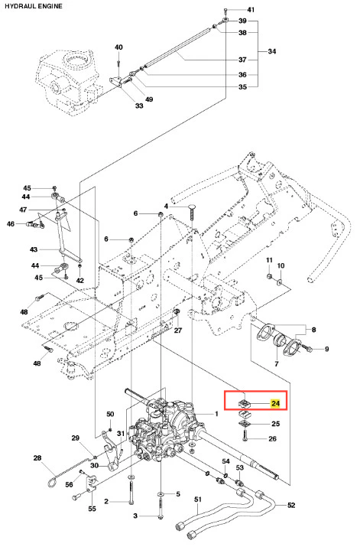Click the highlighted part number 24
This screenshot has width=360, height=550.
point(275,403)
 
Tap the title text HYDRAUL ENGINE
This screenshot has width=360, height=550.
point(34,6)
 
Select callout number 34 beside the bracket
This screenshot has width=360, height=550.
point(272,51)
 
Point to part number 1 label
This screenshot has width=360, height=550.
point(216,414)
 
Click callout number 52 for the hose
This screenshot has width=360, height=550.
point(291,505)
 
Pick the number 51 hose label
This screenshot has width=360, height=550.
point(199,500)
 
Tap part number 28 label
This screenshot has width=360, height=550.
point(37,457)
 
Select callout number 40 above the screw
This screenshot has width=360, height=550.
point(118,47)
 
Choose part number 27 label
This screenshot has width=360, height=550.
point(178,330)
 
